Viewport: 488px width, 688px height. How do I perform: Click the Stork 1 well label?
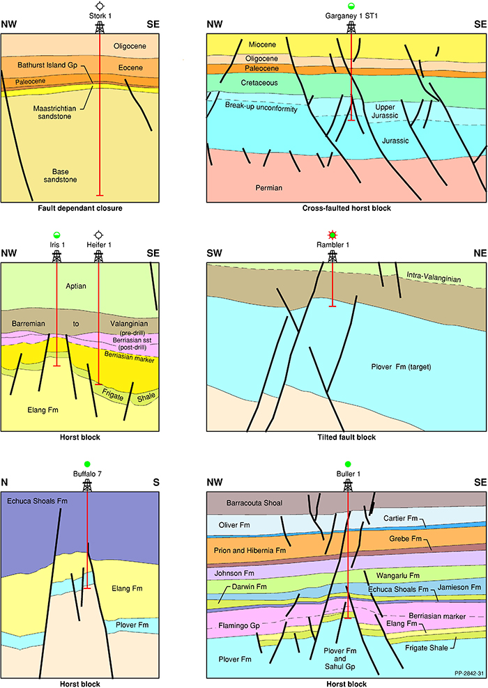click(99, 15)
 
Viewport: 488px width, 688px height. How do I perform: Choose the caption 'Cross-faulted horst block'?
click(346, 208)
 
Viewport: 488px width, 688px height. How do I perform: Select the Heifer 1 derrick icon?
click(99, 256)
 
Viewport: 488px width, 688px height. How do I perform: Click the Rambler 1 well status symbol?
click(332, 234)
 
